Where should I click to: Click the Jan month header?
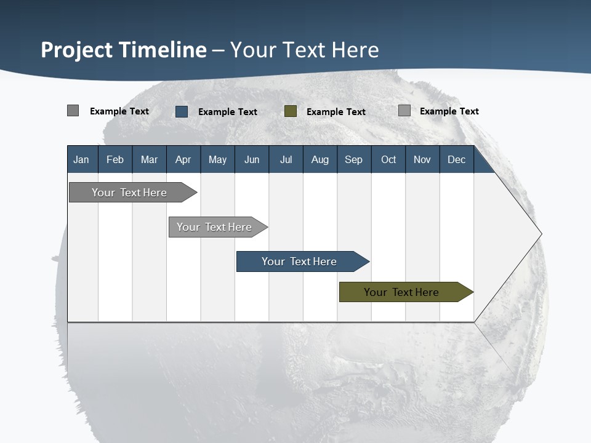pyautogui.click(x=81, y=159)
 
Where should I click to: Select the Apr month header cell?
pyautogui.click(x=183, y=159)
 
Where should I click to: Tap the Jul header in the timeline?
pyautogui.click(x=286, y=159)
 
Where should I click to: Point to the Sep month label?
pyautogui.click(x=353, y=159)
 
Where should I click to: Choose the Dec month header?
pyautogui.click(x=456, y=159)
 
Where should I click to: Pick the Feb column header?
pyautogui.click(x=115, y=159)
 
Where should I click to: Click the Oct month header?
pyautogui.click(x=388, y=159)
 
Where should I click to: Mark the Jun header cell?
pyautogui.click(x=252, y=159)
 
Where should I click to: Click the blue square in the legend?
pyautogui.click(x=182, y=111)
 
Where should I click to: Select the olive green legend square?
pyautogui.click(x=291, y=111)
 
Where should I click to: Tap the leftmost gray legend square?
pyautogui.click(x=73, y=111)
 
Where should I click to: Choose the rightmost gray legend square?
pyautogui.click(x=404, y=111)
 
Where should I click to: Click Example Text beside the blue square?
pyautogui.click(x=228, y=112)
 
